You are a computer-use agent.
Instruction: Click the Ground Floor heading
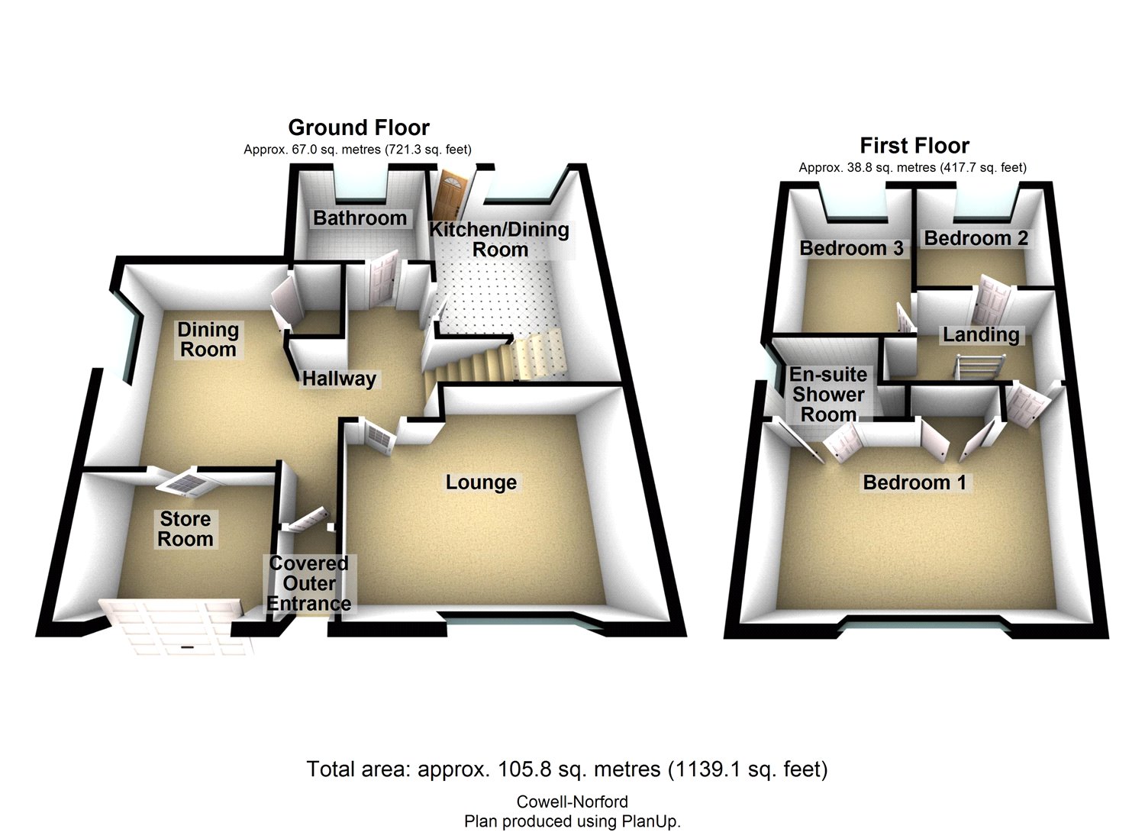point(358,127)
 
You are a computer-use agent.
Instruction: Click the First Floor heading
point(914,145)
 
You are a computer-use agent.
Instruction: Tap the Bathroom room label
point(360,218)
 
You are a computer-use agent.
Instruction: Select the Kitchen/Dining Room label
point(499,239)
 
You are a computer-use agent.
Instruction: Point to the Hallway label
point(339,379)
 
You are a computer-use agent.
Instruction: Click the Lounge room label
point(481,482)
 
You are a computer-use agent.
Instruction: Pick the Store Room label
point(185,529)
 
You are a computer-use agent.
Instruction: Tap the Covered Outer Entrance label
point(308,584)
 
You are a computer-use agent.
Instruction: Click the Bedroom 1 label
point(914,482)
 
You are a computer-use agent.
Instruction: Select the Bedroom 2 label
point(976,238)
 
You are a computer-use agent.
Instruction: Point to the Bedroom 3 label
point(851,248)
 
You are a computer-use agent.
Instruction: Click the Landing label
point(981,334)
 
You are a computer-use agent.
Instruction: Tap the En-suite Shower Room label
point(828,395)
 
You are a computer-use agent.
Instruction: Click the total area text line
point(566,769)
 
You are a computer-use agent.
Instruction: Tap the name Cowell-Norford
point(572,802)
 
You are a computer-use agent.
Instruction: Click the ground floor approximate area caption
point(357,150)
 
